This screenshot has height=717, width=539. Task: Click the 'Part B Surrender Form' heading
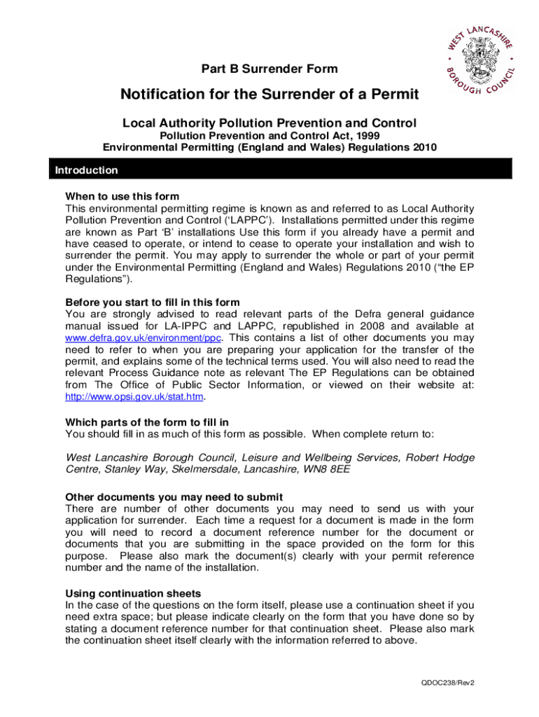(x=269, y=69)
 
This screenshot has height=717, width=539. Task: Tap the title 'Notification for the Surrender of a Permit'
(x=269, y=95)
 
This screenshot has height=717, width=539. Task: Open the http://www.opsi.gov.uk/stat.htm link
(x=134, y=396)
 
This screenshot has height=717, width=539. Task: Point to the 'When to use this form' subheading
(x=122, y=196)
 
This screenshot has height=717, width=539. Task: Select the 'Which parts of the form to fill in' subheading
(x=147, y=422)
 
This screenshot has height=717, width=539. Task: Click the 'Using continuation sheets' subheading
(x=133, y=592)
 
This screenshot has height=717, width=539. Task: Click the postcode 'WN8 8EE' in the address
(x=330, y=468)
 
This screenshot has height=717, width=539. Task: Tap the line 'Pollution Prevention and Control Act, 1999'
(x=269, y=136)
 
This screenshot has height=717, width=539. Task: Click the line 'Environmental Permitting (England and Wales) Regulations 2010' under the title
(x=269, y=147)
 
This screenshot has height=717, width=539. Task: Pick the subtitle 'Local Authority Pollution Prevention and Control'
(x=269, y=123)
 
